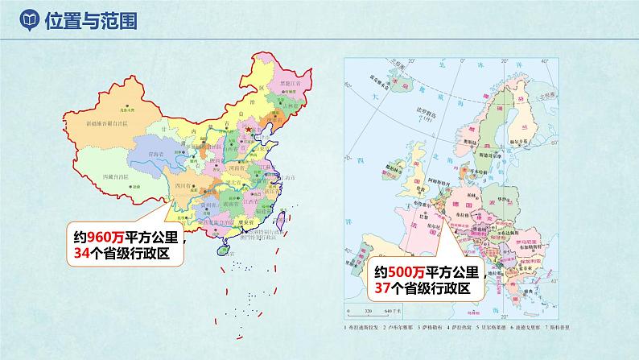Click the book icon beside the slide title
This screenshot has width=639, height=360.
[x=27, y=19]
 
